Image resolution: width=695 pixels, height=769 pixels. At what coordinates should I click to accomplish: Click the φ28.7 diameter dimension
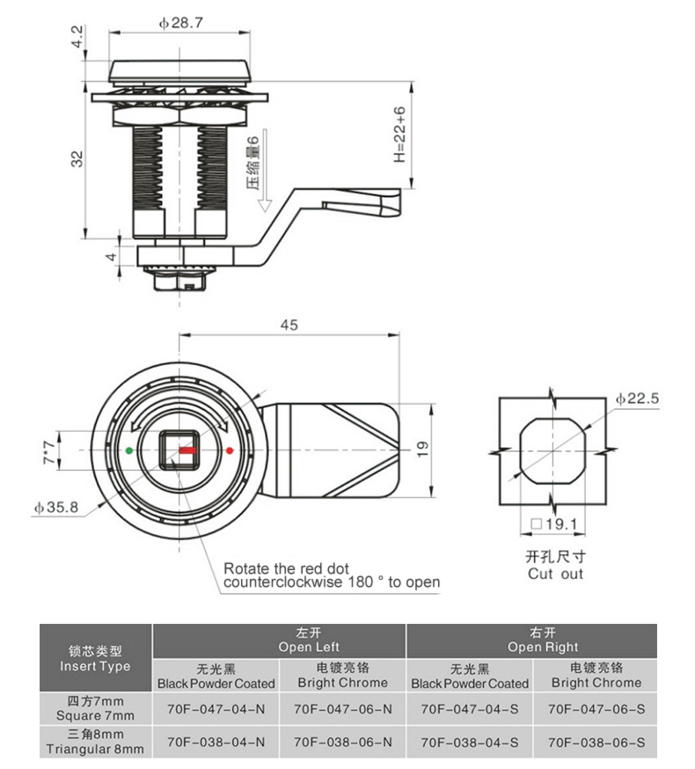coord(181,24)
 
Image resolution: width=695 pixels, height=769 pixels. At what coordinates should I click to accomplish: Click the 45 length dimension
coord(288,325)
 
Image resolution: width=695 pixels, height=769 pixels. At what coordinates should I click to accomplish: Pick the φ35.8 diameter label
coord(57,507)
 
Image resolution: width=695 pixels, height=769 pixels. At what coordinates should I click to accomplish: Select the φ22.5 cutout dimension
coord(636,399)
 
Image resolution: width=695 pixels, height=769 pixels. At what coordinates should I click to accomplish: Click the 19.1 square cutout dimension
coord(552,525)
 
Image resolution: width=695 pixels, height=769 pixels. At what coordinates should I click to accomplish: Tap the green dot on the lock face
coord(130,450)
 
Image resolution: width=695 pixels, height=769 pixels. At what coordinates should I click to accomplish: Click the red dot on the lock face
coord(229,450)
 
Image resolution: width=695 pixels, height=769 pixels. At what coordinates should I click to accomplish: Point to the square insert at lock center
coord(179,450)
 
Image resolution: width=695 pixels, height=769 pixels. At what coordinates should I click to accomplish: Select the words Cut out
coord(555,574)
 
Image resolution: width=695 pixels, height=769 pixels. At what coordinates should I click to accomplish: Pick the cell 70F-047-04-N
coord(216,707)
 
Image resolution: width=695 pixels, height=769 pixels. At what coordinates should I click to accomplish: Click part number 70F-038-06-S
coord(596,741)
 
